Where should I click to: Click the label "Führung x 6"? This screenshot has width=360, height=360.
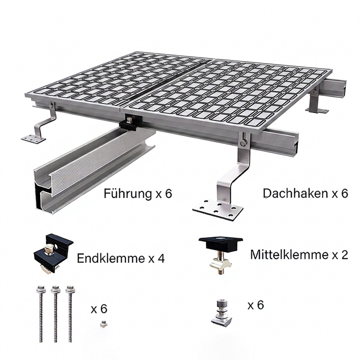click(138, 193)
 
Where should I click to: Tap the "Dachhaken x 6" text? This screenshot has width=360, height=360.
click(305, 193)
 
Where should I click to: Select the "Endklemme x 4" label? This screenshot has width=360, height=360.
click(121, 258)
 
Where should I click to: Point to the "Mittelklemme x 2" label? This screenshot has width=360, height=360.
click(299, 254)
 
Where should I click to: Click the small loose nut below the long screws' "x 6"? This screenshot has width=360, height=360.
click(104, 323)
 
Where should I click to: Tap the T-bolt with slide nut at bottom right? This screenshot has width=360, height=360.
click(221, 312)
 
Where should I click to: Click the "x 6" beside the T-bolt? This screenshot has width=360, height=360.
click(256, 305)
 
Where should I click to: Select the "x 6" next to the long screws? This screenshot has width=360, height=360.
click(99, 309)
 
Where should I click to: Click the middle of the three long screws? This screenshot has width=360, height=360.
click(55, 313)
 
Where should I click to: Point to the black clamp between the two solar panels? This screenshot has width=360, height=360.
click(130, 123)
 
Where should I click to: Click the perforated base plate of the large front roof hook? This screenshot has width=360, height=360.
click(217, 209)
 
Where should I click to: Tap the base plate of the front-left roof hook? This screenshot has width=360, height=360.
click(33, 138)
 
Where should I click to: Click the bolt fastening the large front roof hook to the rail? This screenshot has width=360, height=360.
click(243, 143)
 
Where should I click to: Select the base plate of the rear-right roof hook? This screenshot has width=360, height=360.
click(317, 110)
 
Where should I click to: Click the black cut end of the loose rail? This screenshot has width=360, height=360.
click(39, 195)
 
